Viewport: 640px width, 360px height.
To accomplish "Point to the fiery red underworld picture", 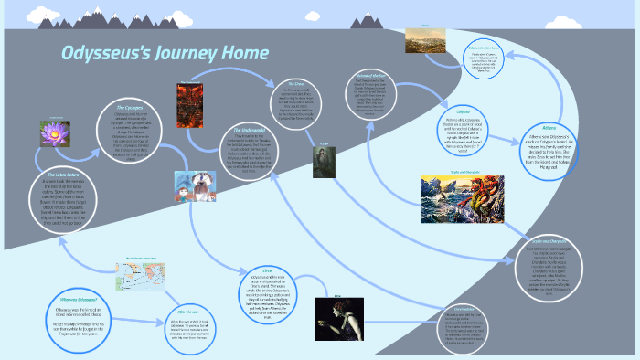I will [188, 105].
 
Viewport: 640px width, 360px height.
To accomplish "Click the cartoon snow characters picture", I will [195, 188].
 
